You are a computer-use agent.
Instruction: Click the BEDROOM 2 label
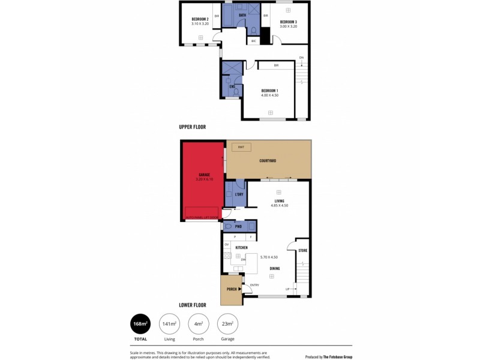pos(200,19)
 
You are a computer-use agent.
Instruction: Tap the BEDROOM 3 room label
pos(289,22)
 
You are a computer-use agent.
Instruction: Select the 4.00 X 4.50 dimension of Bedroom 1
pos(269,95)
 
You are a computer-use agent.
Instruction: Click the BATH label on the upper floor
pos(242,15)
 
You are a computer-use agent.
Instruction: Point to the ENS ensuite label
pos(232,86)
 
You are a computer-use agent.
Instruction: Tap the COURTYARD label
pos(268,161)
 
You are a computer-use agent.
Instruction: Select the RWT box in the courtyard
pos(241,147)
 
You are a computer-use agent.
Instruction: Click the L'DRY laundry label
pos(238,196)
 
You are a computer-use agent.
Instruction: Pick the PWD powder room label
pos(238,227)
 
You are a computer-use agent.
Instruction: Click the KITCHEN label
pos(242,247)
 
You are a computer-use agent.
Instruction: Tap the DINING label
pos(274,268)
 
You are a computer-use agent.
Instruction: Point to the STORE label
pos(303,250)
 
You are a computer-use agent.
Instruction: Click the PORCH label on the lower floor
pos(231,289)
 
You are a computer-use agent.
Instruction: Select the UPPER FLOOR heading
pos(193,127)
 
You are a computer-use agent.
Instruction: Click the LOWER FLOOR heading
pos(193,305)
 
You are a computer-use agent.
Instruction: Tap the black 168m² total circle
pos(140,324)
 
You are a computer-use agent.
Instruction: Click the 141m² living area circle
pos(169,324)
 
